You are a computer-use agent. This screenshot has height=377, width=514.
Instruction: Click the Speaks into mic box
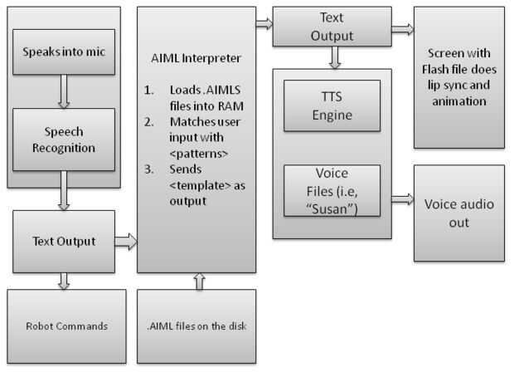coord(62,53)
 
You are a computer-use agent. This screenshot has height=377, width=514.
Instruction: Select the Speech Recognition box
coord(62,140)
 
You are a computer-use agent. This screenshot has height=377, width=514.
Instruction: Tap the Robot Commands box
coord(67,326)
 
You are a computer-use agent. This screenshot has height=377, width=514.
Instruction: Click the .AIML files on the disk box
coord(196,326)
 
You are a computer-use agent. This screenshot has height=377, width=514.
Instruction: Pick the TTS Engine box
coord(332,105)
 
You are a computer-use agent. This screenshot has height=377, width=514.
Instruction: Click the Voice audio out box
coord(458,213)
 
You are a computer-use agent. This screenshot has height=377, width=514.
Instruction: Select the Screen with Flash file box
coord(458,76)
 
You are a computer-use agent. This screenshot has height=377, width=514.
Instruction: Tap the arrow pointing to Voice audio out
coord(402,199)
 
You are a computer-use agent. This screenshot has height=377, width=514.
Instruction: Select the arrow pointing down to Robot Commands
coord(63,282)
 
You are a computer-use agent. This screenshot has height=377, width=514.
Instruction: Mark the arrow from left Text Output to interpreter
coord(126,242)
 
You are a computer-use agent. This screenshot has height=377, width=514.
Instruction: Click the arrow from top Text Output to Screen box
coord(402,29)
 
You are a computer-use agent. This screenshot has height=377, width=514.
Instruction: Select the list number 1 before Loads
coord(148,91)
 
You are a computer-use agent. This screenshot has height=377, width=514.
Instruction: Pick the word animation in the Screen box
coord(458,102)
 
